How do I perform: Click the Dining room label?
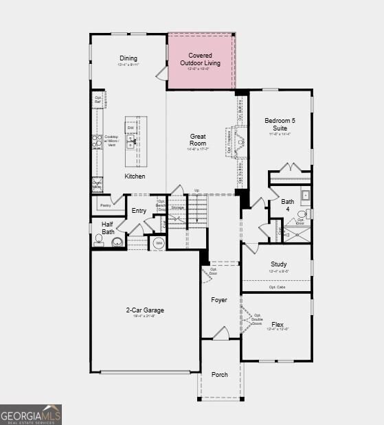tap(128, 58)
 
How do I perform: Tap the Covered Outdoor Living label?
tap(201, 59)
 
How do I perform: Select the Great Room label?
tap(198, 140)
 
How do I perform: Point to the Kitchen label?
tap(135, 176)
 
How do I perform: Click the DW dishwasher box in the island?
tap(130, 128)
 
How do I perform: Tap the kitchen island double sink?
tap(130, 142)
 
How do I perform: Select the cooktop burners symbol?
tap(98, 141)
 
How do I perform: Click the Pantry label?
tap(105, 205)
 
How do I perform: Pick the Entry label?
tap(139, 211)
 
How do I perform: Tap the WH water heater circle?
tap(158, 243)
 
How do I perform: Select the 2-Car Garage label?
tap(144, 310)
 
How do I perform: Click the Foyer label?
tap(218, 300)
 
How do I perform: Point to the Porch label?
tap(220, 374)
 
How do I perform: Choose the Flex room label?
tap(278, 324)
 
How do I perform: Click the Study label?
tap(278, 264)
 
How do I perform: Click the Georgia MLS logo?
tap(31, 414)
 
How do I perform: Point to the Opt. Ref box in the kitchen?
tap(98, 100)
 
